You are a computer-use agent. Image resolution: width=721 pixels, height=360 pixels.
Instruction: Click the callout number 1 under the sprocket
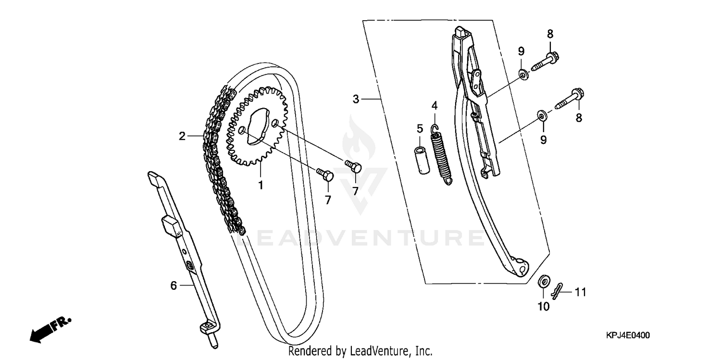(261, 185)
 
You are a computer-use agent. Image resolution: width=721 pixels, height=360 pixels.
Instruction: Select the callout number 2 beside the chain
(182, 136)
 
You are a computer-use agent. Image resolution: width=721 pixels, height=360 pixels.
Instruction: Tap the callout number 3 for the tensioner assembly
(356, 99)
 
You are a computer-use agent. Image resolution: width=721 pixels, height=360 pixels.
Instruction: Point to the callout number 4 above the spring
(434, 105)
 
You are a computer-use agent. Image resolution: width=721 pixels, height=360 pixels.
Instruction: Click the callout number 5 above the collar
(420, 128)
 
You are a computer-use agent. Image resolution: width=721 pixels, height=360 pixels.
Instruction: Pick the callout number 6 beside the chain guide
(174, 286)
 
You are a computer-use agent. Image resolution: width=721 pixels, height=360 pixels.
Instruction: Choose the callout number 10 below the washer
(543, 306)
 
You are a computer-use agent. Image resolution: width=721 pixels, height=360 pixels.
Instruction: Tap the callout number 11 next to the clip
(581, 292)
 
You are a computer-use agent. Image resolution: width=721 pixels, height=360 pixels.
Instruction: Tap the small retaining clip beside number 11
(557, 290)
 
